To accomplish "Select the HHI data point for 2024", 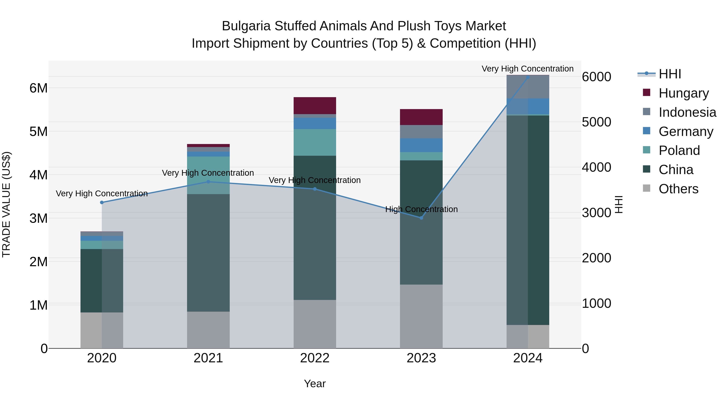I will click(x=528, y=77).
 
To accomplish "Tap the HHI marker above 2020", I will click(x=102, y=202).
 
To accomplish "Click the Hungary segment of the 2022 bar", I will click(x=314, y=106).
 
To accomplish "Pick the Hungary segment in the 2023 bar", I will click(x=421, y=117).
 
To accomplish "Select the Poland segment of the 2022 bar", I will click(x=314, y=142).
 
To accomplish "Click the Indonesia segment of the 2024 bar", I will click(x=528, y=87).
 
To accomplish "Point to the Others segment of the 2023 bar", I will click(x=421, y=316).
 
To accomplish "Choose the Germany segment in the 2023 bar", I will click(x=421, y=145).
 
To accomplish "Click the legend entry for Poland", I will click(x=679, y=150).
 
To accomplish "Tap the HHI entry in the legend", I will click(x=670, y=74).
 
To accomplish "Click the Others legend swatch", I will click(x=646, y=188).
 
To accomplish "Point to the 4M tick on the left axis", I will click(x=38, y=175).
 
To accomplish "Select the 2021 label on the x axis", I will click(x=208, y=358).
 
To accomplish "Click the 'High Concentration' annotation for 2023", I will click(x=421, y=209).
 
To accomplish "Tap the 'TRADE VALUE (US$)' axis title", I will click(x=6, y=204).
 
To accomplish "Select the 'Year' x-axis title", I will click(x=314, y=384).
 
